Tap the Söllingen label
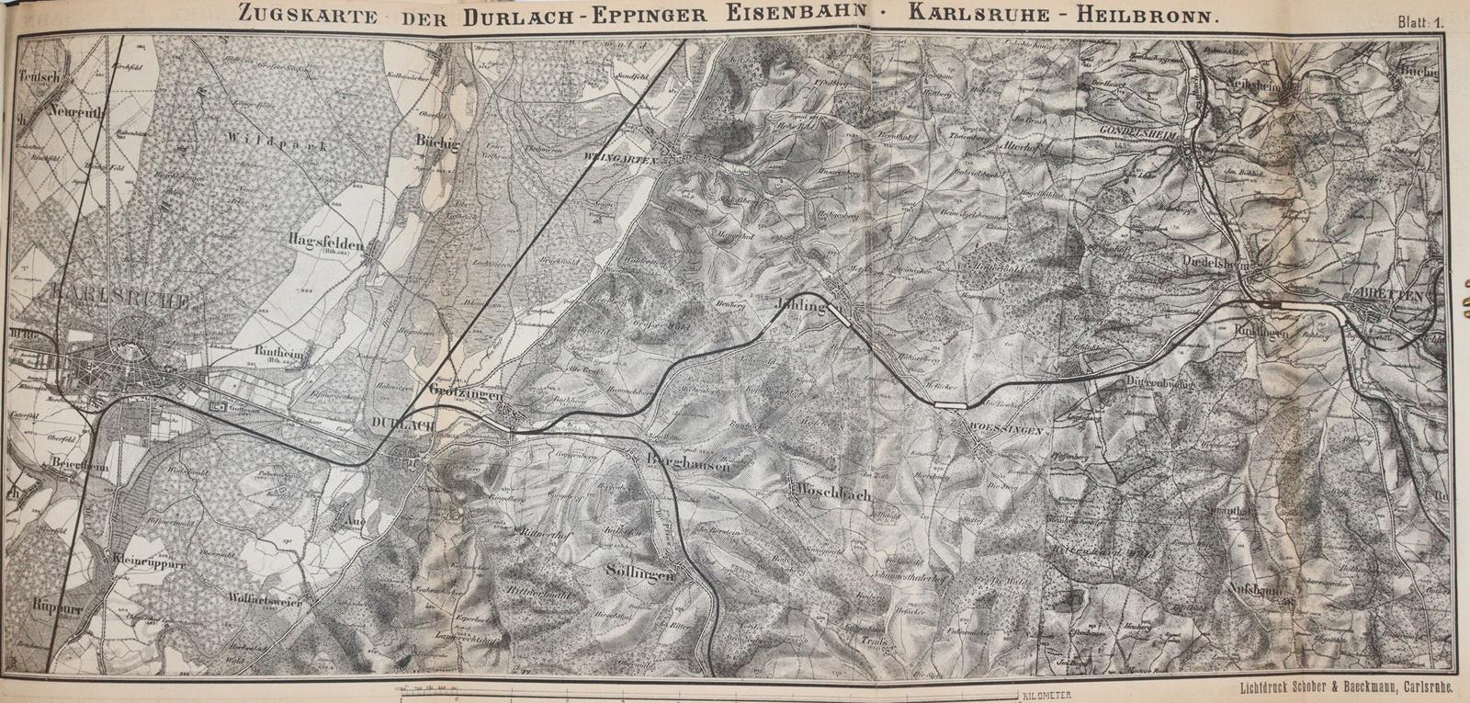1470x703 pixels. click(x=639, y=573)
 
